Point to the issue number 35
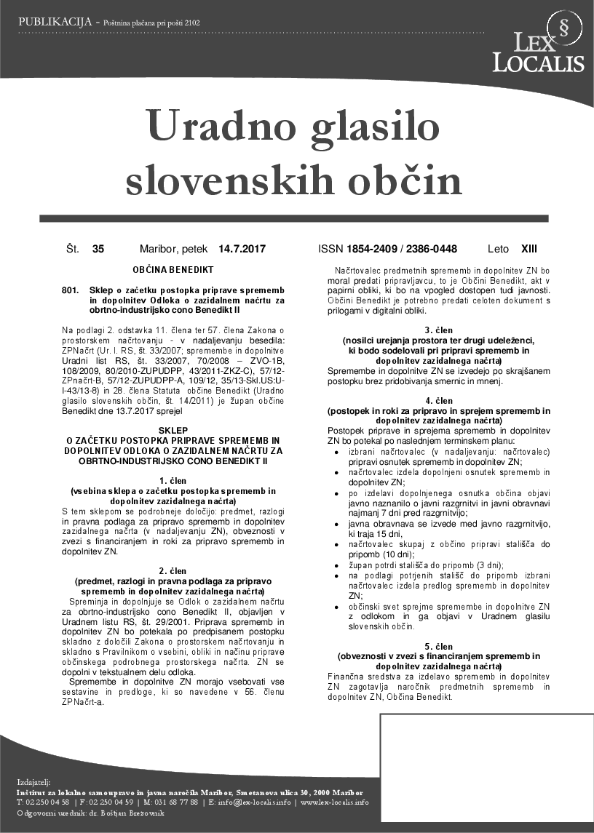98,249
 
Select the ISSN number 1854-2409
376,249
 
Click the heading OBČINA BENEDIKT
173,269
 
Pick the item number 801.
70,290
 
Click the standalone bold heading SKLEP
173,430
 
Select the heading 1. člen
173,481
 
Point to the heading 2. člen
173,571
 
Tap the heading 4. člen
439,401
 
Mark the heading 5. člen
439,646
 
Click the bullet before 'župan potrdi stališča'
335,565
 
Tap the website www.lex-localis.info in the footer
335,802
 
